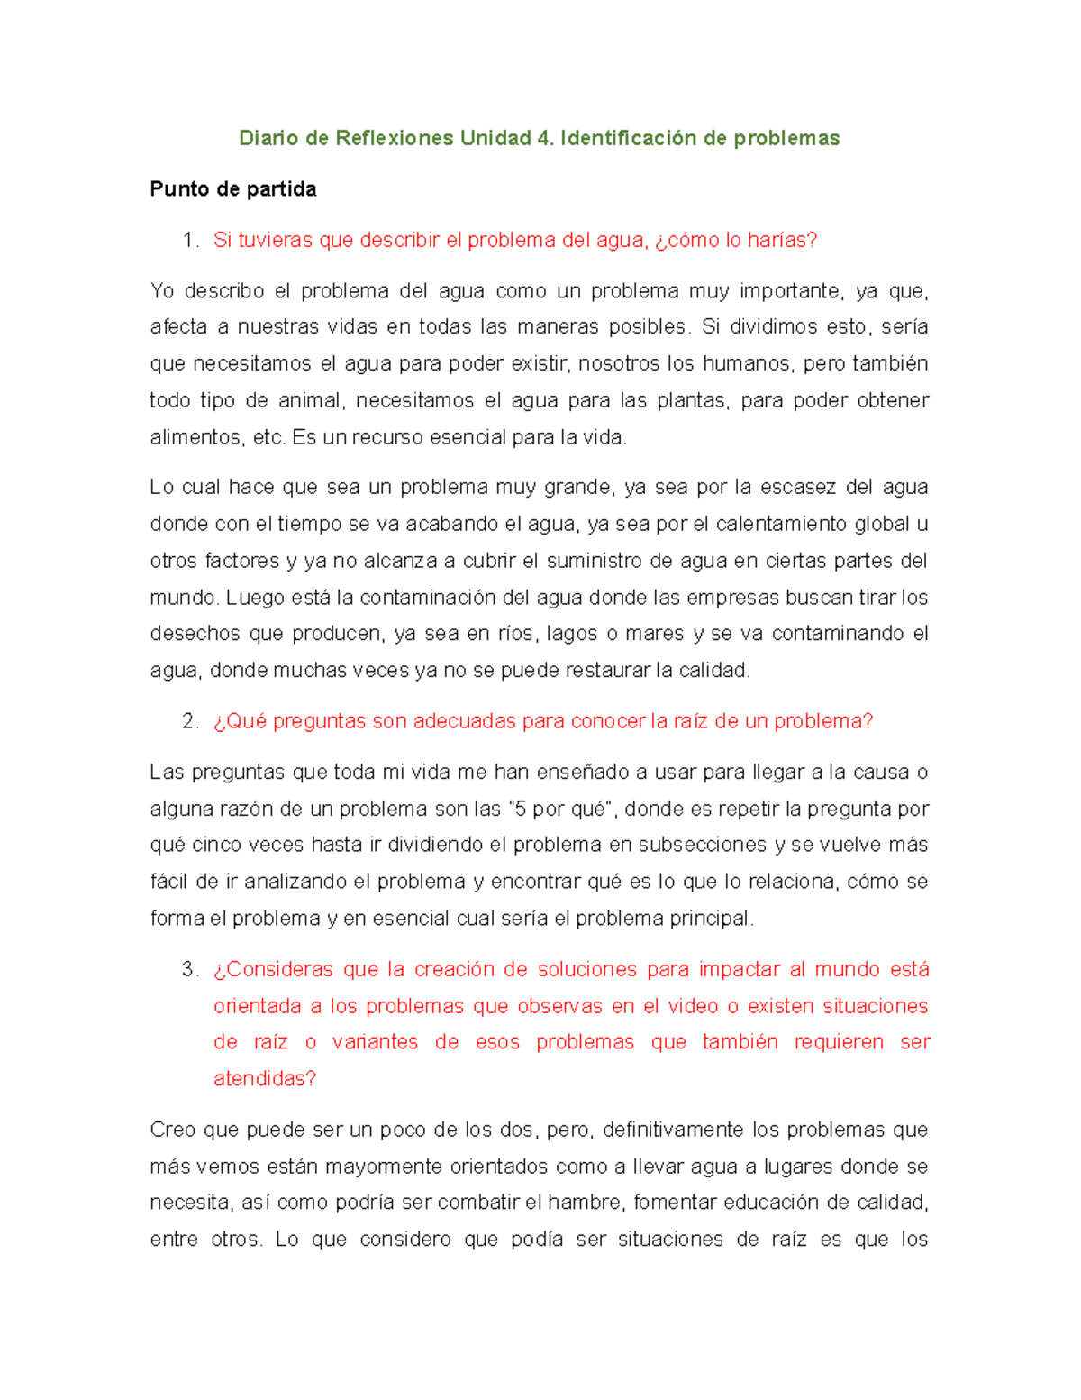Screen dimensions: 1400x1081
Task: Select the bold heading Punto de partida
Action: click(232, 189)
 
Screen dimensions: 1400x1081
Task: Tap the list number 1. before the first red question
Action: click(189, 241)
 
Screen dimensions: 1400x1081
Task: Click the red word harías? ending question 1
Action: click(782, 241)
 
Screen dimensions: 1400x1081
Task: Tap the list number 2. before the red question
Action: click(189, 721)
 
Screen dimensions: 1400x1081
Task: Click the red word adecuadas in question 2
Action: click(451, 721)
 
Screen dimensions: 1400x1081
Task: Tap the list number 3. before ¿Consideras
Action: click(189, 970)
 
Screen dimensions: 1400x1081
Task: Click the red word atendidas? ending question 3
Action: click(265, 1079)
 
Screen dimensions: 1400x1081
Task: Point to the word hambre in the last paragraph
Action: click(585, 1203)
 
